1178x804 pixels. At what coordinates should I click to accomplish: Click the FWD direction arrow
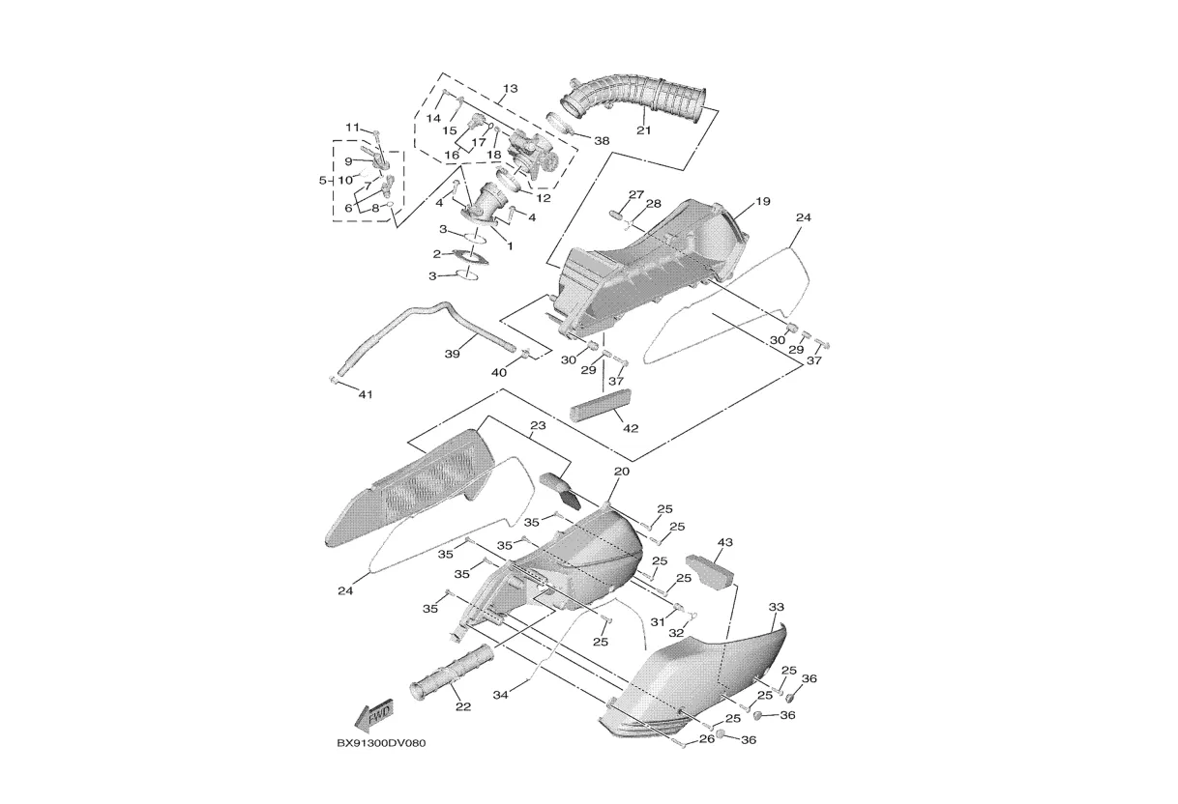(374, 715)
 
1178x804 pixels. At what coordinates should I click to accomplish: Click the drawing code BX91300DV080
(381, 743)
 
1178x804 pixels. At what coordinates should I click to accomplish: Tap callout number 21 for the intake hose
(644, 130)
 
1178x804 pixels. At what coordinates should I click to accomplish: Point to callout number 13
(510, 88)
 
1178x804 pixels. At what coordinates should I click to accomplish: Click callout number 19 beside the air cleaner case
(762, 201)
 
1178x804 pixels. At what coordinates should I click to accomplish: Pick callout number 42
(631, 428)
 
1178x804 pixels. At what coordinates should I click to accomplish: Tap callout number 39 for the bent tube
(453, 355)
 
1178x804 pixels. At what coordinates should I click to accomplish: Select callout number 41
(366, 394)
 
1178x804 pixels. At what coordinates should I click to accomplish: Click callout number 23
(538, 425)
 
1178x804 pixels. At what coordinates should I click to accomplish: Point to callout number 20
(622, 472)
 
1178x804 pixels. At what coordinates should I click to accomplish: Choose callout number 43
(724, 542)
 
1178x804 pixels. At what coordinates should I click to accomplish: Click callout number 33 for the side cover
(777, 607)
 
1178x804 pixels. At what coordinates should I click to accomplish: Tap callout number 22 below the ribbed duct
(462, 706)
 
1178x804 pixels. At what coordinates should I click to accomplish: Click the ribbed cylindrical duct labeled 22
(452, 674)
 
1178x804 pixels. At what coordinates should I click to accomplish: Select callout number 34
(501, 695)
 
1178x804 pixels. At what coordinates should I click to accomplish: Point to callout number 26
(707, 739)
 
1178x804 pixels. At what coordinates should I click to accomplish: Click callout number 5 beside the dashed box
(323, 181)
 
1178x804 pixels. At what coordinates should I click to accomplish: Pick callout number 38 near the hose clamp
(602, 141)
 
